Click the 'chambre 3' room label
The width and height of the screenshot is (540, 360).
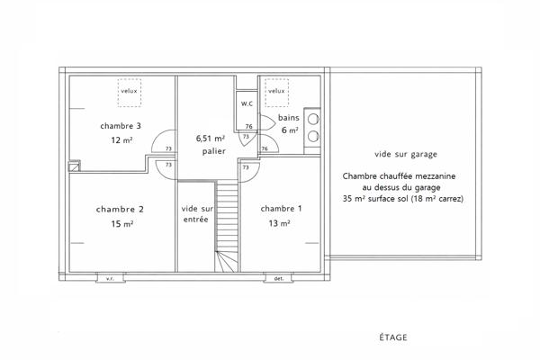coord(121,125)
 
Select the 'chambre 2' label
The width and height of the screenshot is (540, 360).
coord(120,209)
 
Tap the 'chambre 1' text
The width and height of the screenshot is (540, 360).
coord(281,209)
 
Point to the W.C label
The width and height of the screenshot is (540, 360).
coord(247,104)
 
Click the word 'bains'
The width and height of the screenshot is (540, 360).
coord(288,118)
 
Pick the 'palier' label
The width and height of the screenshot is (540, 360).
coord(212,151)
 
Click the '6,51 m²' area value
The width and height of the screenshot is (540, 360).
coord(211,139)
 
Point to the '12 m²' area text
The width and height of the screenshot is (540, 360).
coord(121,139)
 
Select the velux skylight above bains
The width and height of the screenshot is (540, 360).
coord(275,90)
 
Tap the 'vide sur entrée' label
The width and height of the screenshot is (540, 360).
coord(196,213)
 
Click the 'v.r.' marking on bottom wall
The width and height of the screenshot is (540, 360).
coord(110,278)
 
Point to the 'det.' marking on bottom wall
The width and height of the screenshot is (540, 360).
coord(279,278)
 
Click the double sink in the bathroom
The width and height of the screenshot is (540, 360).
coord(312,127)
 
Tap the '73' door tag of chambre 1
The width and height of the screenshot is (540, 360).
coord(245,166)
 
